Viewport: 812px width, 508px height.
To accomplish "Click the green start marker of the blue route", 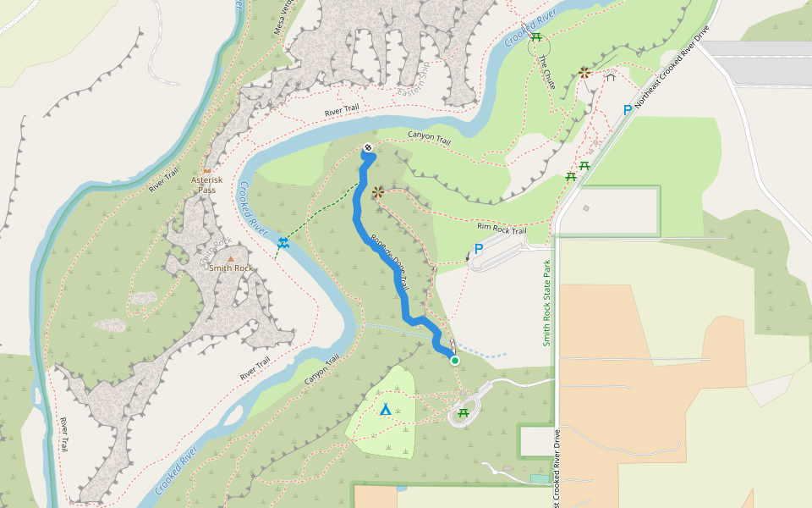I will point(454,361).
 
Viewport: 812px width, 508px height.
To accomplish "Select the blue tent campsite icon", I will point(386,410).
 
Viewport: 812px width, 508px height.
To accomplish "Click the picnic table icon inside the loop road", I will point(463,413).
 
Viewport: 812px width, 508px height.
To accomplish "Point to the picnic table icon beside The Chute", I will point(535,36).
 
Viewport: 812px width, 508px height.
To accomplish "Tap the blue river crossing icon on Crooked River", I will point(283,245).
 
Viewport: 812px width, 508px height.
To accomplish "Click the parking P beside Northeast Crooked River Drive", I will point(627,110).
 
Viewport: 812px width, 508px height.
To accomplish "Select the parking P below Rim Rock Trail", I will point(479,249).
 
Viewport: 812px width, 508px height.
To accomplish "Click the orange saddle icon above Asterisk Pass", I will point(206,170).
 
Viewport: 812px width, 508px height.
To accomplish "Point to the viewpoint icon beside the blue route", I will point(377,192).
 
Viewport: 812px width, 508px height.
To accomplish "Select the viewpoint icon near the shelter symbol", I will point(584,73).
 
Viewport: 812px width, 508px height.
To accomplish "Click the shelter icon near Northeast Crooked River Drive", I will point(610,77).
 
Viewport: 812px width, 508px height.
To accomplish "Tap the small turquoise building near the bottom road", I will point(539,479).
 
